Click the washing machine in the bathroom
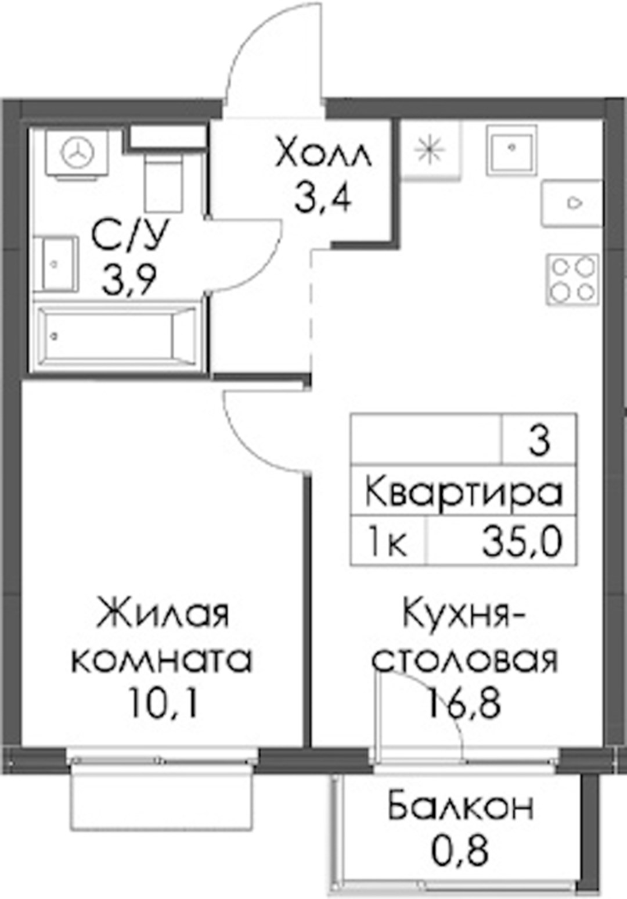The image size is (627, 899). tap(77, 153)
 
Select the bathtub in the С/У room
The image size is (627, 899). tap(116, 337)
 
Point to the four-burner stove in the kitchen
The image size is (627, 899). tap(572, 280)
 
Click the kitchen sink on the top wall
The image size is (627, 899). tap(511, 150)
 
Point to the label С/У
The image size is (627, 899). tap(129, 235)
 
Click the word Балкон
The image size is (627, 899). tap(461, 804)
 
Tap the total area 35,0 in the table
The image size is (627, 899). tap(522, 542)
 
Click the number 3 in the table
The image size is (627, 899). tap(539, 442)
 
